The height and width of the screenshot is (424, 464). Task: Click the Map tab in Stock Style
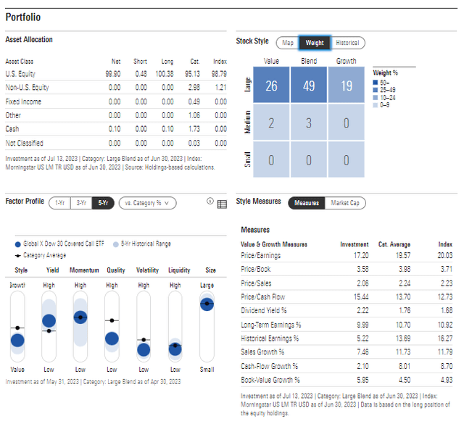(x=288, y=43)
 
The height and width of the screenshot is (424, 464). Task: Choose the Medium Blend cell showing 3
(x=309, y=123)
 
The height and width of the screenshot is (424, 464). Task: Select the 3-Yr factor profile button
(x=82, y=203)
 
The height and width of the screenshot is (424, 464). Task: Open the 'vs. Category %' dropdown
(x=147, y=203)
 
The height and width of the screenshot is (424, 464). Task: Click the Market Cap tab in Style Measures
(x=345, y=203)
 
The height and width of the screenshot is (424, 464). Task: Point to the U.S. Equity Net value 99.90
(x=112, y=74)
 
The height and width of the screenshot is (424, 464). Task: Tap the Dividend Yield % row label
(x=264, y=310)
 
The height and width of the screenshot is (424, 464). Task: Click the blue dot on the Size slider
(x=207, y=304)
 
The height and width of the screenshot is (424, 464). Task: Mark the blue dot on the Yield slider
(x=49, y=321)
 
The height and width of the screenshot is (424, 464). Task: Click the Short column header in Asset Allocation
(x=140, y=62)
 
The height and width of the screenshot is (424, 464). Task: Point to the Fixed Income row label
(x=23, y=101)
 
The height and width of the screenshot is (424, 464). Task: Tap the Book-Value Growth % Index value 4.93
(x=444, y=380)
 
